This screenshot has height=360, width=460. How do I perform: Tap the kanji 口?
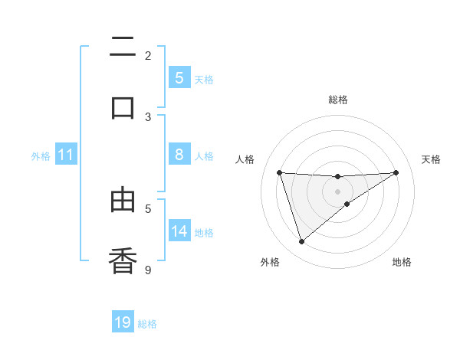[x=123, y=107]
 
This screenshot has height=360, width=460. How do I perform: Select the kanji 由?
[x=123, y=201]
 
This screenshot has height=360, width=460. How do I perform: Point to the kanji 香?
[x=123, y=260]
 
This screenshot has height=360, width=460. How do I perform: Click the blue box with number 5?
[x=179, y=77]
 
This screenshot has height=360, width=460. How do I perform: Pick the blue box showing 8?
[x=179, y=155]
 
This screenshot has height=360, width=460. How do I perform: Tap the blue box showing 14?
[x=179, y=231]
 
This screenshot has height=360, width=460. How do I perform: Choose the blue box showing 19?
[x=123, y=322]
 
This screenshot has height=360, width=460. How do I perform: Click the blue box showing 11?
[x=66, y=155]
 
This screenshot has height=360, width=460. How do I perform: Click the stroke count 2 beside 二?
[x=148, y=55]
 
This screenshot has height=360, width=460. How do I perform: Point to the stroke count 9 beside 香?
[x=148, y=270]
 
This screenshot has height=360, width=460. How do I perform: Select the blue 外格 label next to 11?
[x=41, y=155]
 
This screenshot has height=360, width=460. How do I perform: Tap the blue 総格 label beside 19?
[x=147, y=323]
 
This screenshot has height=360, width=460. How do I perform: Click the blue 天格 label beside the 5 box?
[x=204, y=79]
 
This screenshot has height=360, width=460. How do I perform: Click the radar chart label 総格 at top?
[x=337, y=100]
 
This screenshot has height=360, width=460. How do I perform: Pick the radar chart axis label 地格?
[x=402, y=262]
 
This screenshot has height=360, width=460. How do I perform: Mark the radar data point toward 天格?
[x=396, y=172]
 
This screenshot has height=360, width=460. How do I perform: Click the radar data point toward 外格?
[x=301, y=242]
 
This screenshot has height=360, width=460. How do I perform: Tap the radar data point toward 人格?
[x=279, y=172]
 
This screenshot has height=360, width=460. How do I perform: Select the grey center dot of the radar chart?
[x=337, y=191]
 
